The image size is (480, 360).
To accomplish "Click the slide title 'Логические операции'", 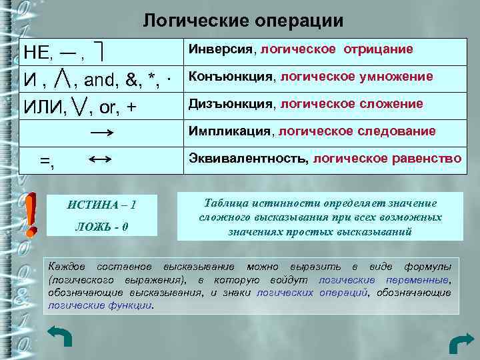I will pos(243,21).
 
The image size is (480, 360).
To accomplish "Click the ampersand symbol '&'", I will pos(134,81).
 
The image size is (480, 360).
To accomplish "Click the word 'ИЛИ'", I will pos(44,107).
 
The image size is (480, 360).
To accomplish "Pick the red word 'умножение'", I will pos(399,77).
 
